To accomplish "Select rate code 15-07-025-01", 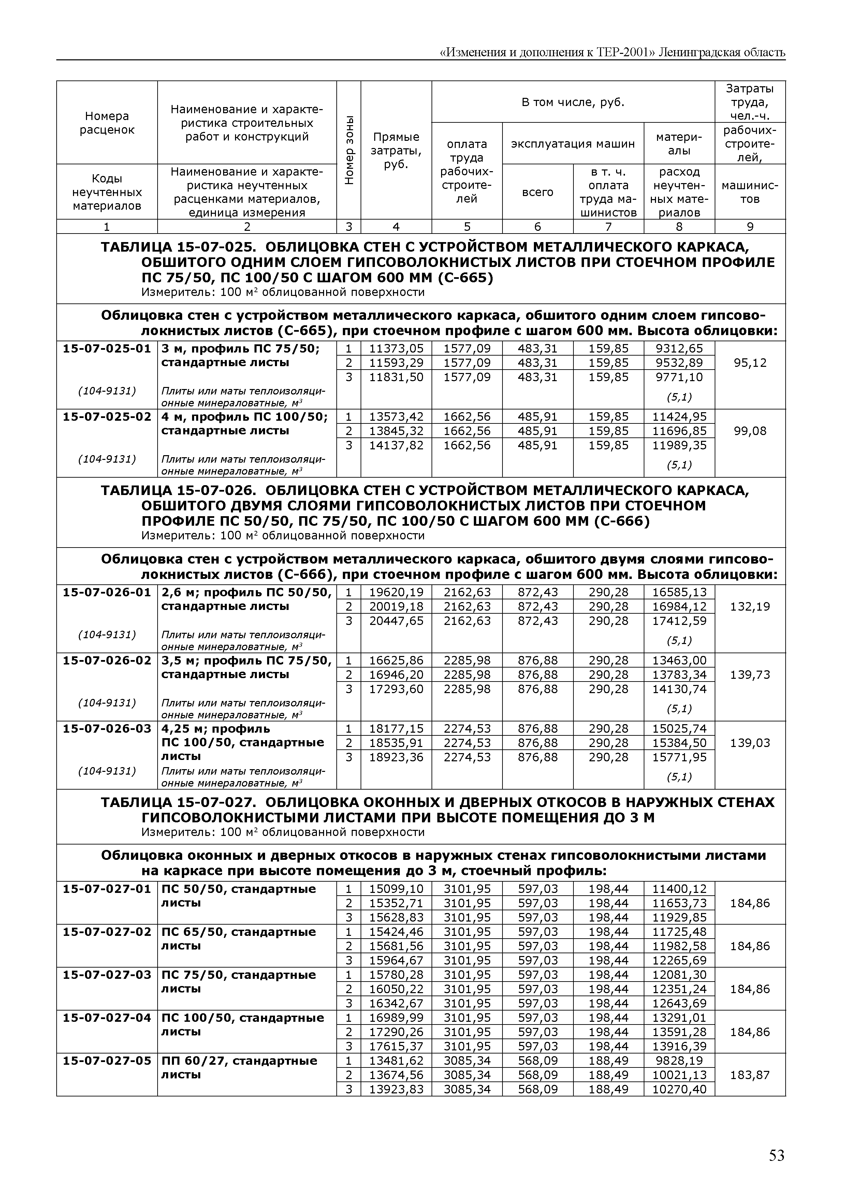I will click(107, 348).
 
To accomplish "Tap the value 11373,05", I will click(396, 348).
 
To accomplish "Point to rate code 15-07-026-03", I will click(107, 729).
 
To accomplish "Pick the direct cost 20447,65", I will click(396, 621).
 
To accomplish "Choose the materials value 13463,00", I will click(679, 660).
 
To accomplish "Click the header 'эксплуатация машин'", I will click(573, 144).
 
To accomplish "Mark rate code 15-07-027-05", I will click(107, 1061).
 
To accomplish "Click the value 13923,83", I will click(396, 1089).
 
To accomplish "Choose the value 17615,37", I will click(396, 1047).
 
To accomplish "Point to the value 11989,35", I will click(679, 445).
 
